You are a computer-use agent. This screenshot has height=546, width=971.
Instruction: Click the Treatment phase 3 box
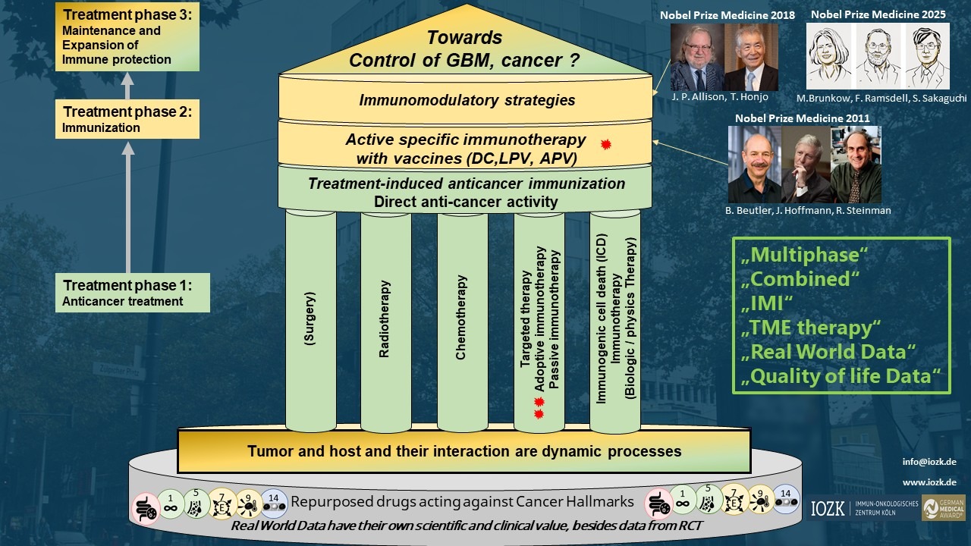point(127,36)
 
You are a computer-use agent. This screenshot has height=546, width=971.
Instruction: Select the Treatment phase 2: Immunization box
point(127,119)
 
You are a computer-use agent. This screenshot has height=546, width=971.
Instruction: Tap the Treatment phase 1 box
point(133,293)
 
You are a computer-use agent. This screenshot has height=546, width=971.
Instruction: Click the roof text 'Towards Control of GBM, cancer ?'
point(464,49)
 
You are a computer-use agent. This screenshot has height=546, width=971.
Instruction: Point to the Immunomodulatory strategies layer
point(467,100)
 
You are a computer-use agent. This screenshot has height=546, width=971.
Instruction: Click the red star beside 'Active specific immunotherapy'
point(605,144)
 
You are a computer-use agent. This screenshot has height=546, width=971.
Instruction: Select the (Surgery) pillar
point(310,318)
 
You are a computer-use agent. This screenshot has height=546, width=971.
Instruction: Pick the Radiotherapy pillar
point(385,318)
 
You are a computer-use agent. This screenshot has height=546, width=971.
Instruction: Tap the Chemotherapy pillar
point(461,318)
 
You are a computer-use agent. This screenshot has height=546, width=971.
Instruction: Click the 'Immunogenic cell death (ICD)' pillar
point(614,318)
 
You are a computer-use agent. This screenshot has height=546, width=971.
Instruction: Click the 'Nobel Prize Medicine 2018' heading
point(727,15)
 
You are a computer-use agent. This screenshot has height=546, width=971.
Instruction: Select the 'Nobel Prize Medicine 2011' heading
point(803,118)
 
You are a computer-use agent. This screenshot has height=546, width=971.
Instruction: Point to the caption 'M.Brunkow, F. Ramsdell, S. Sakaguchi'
point(881,99)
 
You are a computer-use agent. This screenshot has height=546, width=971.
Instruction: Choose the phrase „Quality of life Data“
point(841,375)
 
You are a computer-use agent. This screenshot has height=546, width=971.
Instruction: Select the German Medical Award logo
point(943,508)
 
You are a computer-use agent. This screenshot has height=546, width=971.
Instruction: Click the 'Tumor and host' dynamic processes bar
point(464,451)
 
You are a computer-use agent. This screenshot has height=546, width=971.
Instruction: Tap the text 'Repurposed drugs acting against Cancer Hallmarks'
point(462,501)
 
